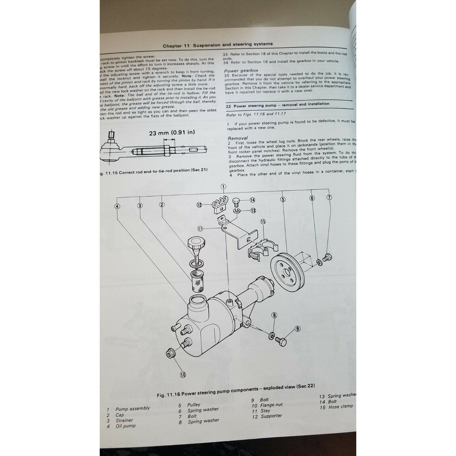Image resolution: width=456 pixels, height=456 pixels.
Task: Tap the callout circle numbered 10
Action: tap(183, 375)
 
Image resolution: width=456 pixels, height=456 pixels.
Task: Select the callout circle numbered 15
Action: tap(263, 222)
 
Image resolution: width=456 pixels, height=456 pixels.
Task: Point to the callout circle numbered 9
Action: tap(297, 329)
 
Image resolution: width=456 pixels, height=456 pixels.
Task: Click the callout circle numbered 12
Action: tap(199, 205)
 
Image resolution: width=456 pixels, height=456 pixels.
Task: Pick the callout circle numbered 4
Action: tap(117, 206)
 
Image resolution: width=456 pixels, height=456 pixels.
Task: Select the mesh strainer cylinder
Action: tap(198, 280)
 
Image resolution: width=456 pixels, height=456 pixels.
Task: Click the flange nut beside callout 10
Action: tap(171, 354)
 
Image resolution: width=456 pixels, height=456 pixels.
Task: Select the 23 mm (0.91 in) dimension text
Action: tap(172, 133)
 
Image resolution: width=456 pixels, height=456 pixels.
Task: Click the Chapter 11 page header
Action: tap(217, 45)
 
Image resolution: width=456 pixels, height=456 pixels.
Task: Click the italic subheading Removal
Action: tap(238, 138)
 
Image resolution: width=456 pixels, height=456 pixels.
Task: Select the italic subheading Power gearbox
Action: tap(241, 71)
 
